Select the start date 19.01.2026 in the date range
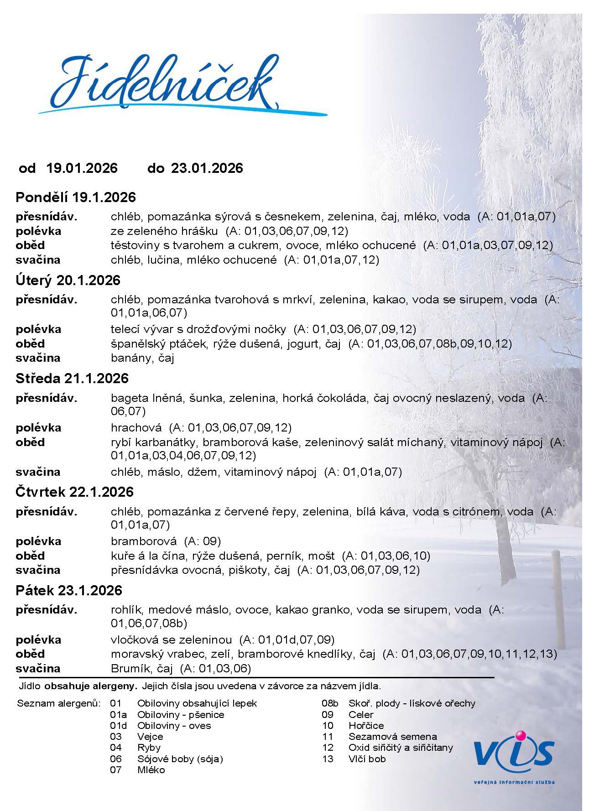[82, 168]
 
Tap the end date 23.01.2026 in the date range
[207, 168]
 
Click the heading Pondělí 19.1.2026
[76, 198]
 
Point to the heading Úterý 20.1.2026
[68, 280]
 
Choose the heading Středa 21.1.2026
[72, 379]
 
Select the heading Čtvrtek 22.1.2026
[75, 492]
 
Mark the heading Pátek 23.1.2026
[69, 591]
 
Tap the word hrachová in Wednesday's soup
[136, 428]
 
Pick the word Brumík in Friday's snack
[128, 669]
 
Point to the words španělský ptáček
[158, 344]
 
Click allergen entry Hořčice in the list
[366, 725]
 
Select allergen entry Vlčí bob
[367, 759]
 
